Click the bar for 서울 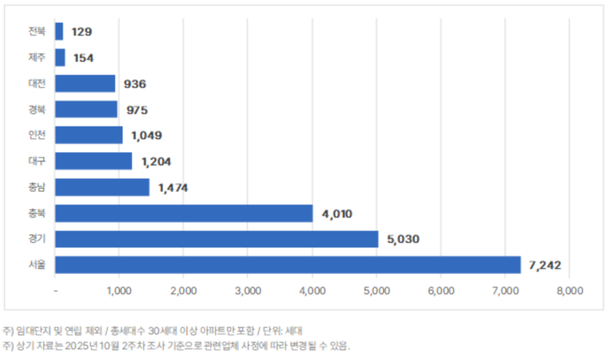pyautogui.click(x=287, y=265)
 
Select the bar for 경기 pyautogui.click(x=217, y=239)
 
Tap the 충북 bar pyautogui.click(x=184, y=213)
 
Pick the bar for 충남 pyautogui.click(x=102, y=187)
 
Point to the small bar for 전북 pyautogui.click(x=59, y=31)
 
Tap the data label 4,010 pyautogui.click(x=337, y=213)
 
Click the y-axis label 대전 pyautogui.click(x=37, y=84)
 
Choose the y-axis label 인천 pyautogui.click(x=37, y=135)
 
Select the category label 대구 pyautogui.click(x=37, y=161)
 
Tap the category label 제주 pyautogui.click(x=37, y=58)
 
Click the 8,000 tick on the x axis pyautogui.click(x=569, y=291)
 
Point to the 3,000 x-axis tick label pyautogui.click(x=248, y=291)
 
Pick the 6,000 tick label pyautogui.click(x=440, y=291)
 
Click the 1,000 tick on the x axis pyautogui.click(x=119, y=291)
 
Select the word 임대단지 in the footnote pyautogui.click(x=35, y=330)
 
